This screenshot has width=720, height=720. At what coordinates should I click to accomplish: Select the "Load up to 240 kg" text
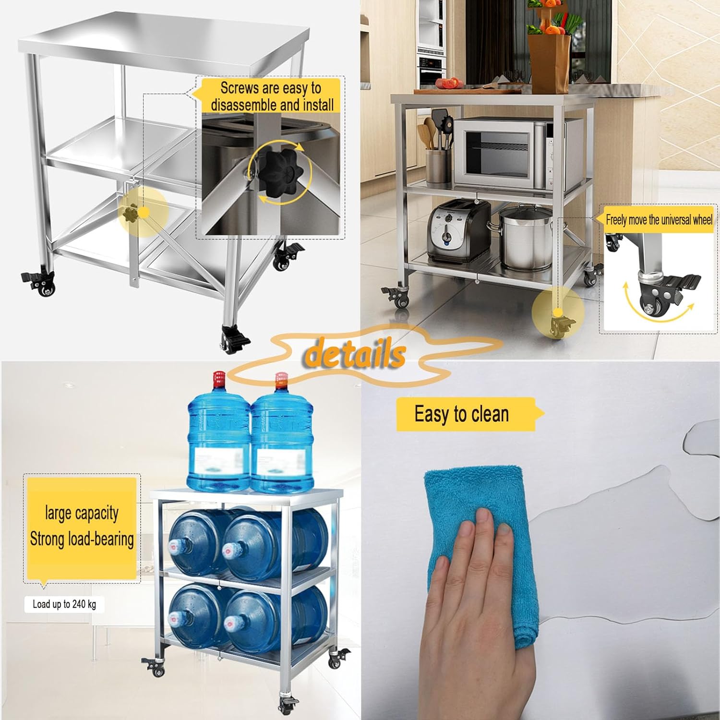[64, 604]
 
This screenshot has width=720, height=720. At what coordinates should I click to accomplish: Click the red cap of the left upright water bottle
[219, 379]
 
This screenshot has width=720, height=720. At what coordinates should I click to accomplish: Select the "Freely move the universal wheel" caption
[659, 220]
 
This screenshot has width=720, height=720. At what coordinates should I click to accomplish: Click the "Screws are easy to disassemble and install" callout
[272, 96]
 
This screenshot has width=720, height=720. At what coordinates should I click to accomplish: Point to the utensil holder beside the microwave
[439, 167]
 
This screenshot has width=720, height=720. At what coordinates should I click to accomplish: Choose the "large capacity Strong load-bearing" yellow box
[82, 528]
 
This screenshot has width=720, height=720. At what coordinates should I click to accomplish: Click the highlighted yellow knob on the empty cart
[131, 213]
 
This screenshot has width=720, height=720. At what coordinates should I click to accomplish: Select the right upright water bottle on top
[282, 434]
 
